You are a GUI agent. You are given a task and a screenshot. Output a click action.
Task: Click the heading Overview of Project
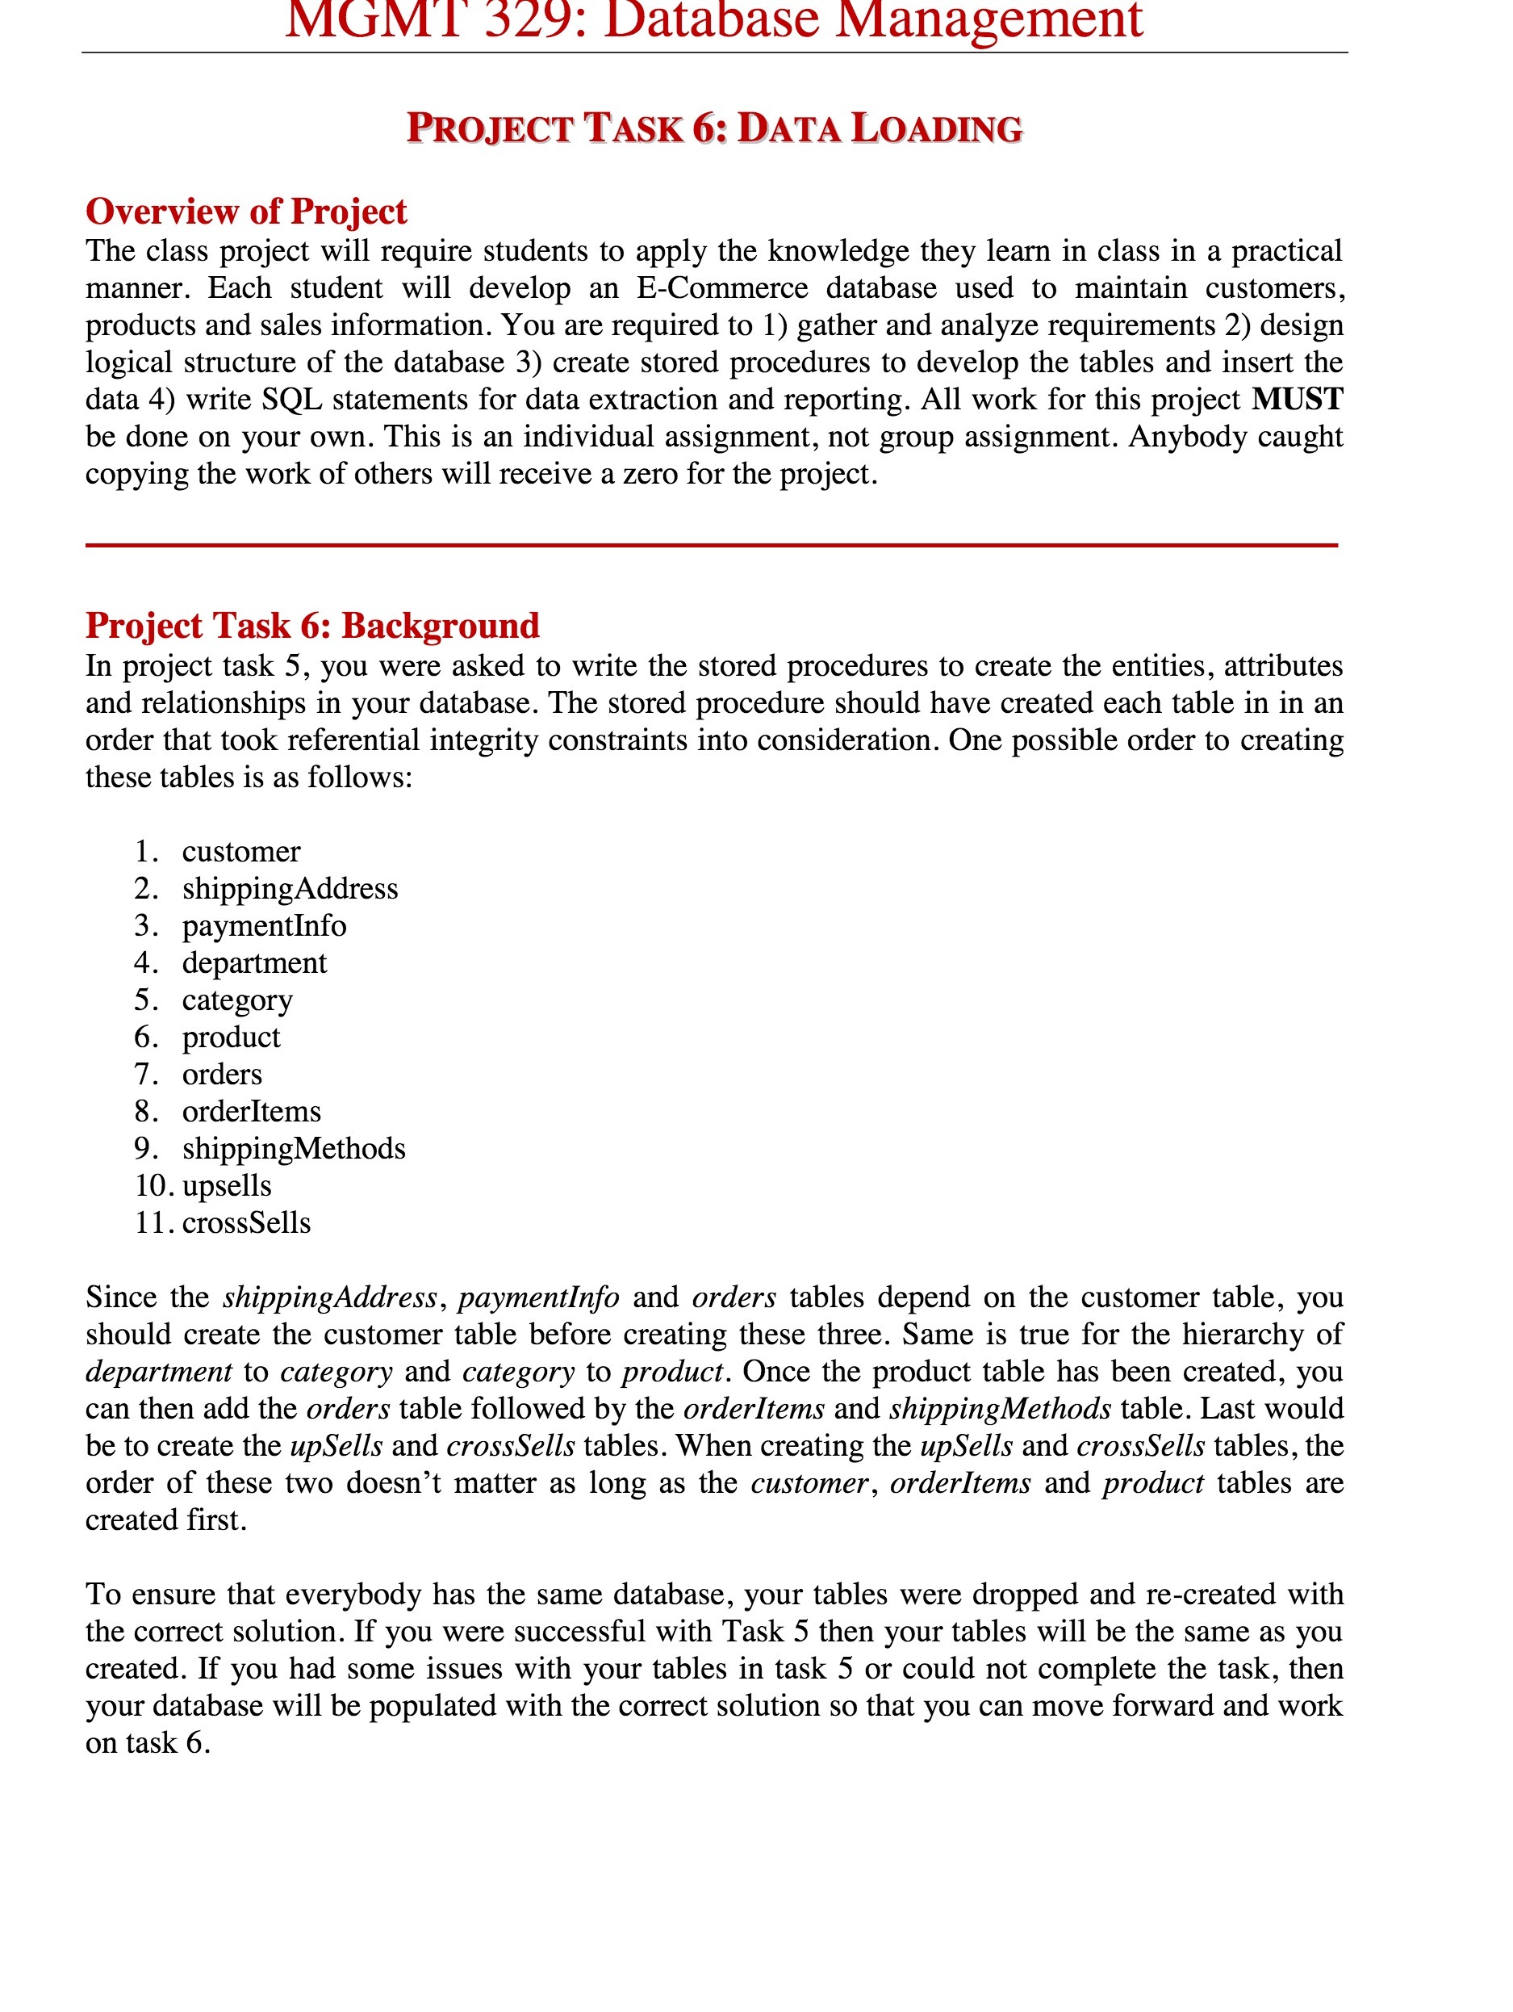tap(245, 211)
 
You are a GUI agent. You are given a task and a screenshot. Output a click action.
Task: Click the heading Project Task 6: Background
tap(311, 626)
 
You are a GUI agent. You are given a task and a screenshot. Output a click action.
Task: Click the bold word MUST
tap(1296, 400)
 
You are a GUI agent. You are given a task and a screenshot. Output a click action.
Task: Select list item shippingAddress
tap(289, 889)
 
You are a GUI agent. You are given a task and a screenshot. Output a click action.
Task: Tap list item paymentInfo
tap(264, 926)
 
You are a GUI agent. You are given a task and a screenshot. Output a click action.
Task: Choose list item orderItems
tap(251, 1112)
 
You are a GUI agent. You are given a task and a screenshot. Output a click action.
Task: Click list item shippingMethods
tap(293, 1149)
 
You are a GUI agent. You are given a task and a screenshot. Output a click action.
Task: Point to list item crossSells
tap(245, 1223)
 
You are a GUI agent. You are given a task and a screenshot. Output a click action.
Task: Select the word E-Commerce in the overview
tap(721, 288)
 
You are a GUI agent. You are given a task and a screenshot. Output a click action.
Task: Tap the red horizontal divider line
tap(711, 545)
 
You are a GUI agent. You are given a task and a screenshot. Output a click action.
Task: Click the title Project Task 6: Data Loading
tap(714, 128)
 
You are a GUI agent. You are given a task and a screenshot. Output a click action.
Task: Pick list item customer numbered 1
tap(241, 851)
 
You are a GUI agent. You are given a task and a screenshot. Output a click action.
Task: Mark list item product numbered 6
tap(231, 1037)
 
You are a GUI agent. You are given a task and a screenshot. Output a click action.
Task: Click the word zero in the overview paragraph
tap(650, 474)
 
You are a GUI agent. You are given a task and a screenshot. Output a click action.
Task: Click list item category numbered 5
tap(236, 1000)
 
